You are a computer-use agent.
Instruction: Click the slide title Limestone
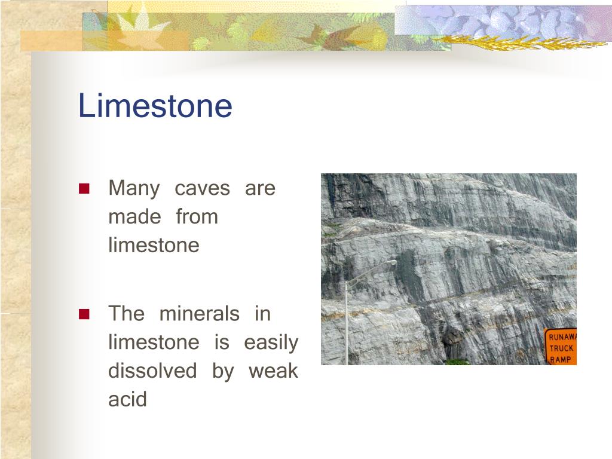[x=155, y=106]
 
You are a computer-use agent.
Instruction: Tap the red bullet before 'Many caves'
[x=84, y=189]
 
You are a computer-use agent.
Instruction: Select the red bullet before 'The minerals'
[x=84, y=314]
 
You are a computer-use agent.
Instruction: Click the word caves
[x=202, y=189]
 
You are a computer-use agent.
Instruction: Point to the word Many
[x=133, y=189]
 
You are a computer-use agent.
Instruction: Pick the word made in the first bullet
[x=134, y=217]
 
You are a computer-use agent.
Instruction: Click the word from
[x=197, y=217]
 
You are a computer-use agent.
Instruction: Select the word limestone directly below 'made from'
[x=154, y=245]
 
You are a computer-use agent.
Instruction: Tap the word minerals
[x=199, y=313]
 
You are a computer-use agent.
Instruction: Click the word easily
[x=271, y=342]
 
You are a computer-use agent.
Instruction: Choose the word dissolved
[x=152, y=371]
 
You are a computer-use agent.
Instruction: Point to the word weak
[x=273, y=371]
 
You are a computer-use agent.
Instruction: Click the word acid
[x=127, y=399]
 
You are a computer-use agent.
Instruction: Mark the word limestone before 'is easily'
[x=154, y=342]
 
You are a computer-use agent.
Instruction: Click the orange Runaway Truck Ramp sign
[x=561, y=347]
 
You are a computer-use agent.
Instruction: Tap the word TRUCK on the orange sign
[x=561, y=348]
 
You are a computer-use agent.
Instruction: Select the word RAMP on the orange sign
[x=561, y=359]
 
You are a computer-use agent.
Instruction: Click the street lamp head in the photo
[x=389, y=262]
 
